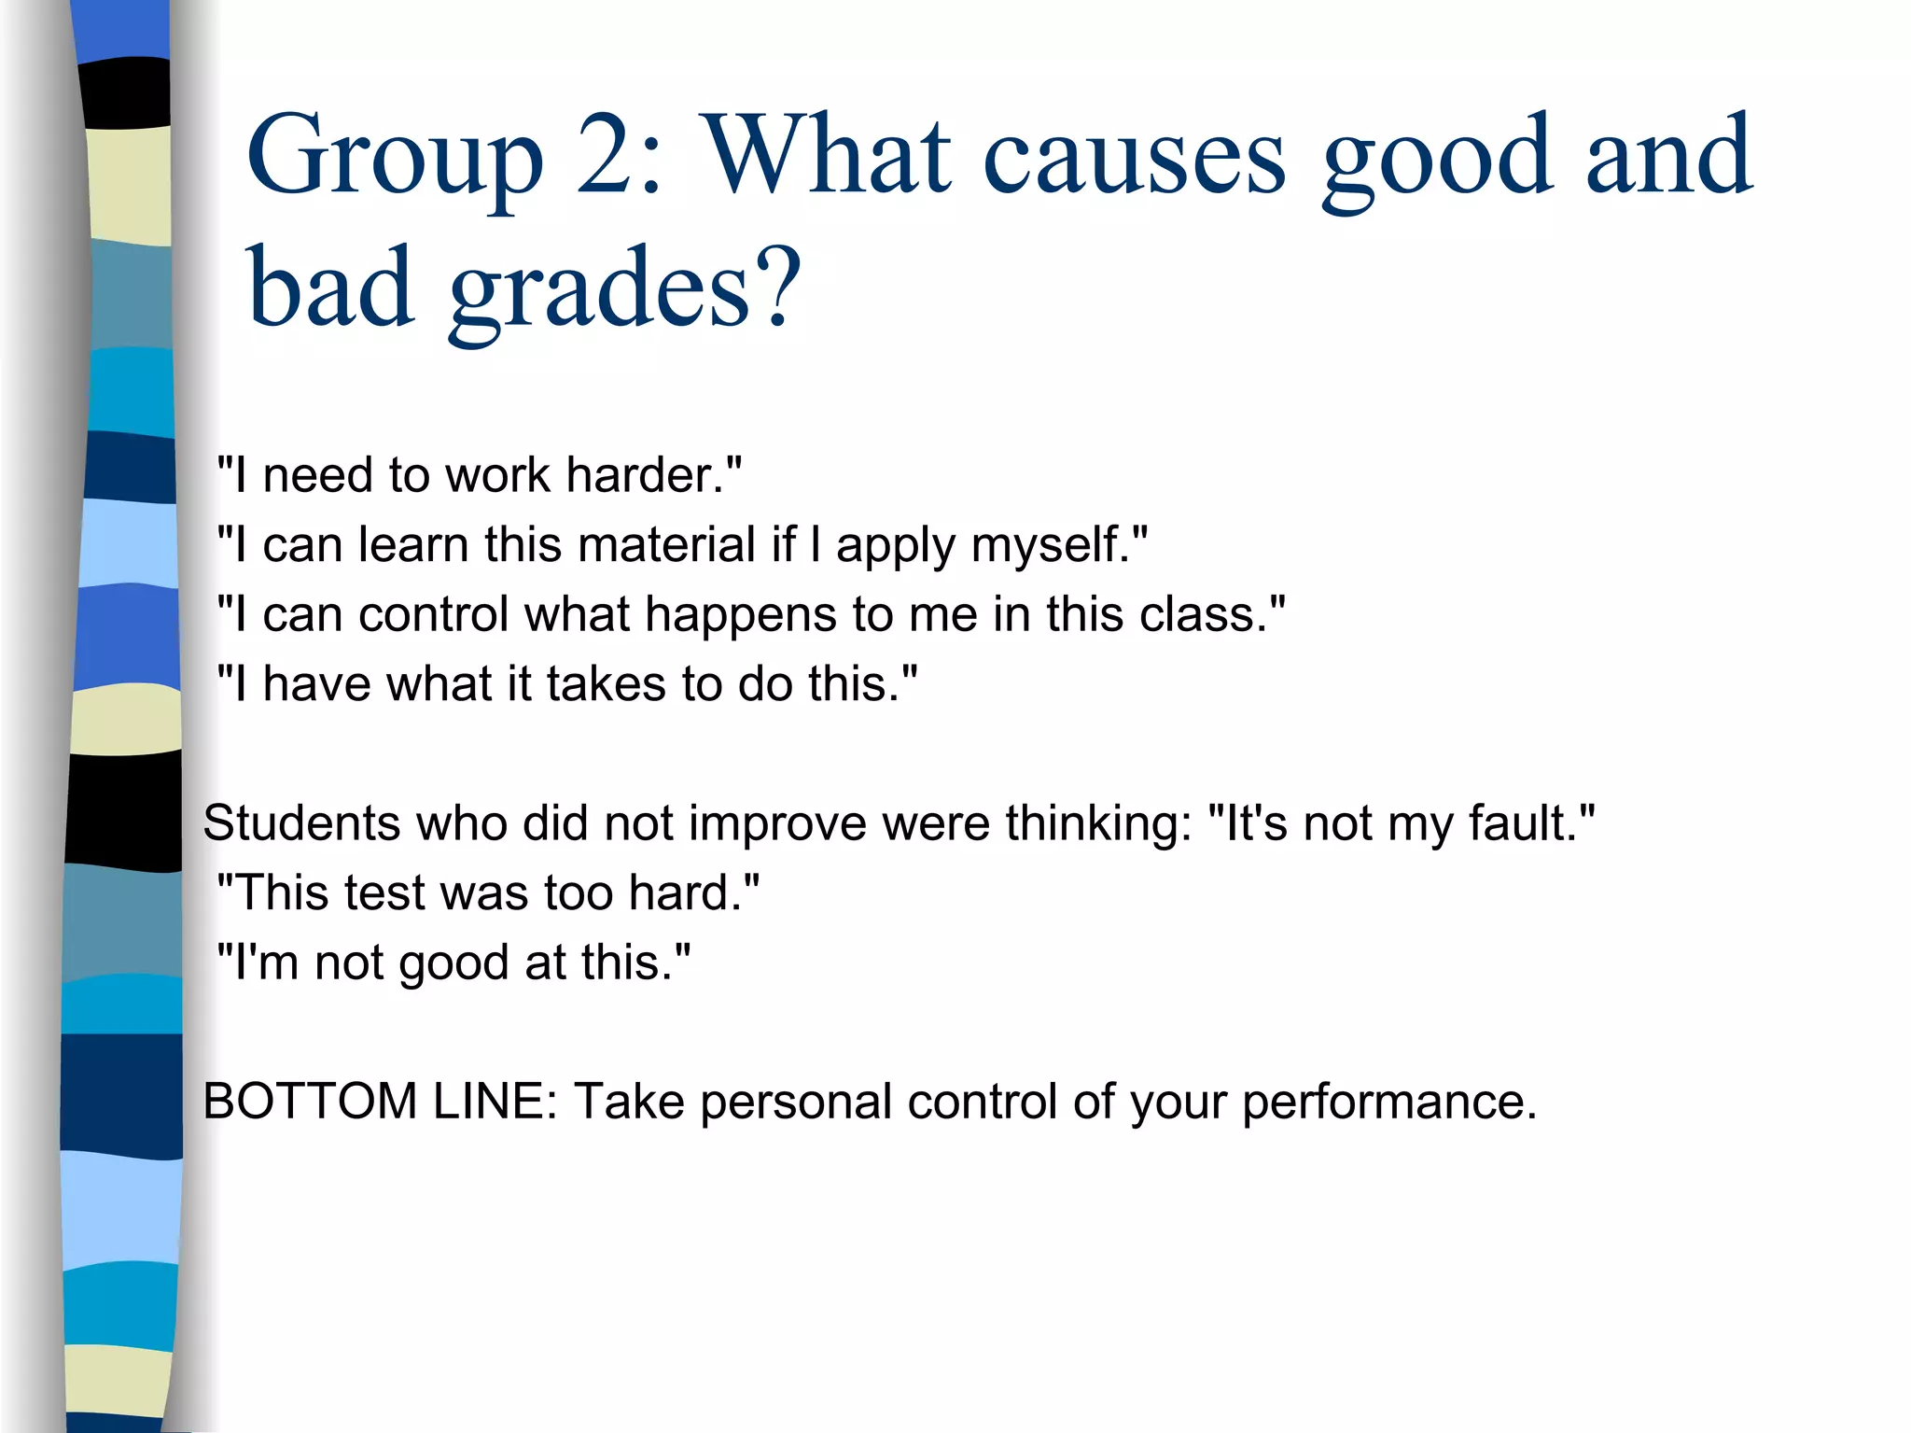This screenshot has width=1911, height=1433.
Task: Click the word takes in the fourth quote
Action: (607, 684)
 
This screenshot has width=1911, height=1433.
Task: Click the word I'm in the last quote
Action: (265, 962)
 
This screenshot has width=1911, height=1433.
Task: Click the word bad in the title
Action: (330, 287)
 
